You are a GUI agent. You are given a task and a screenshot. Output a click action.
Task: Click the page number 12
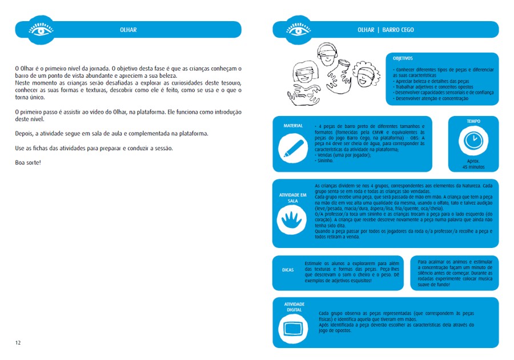(x=18, y=342)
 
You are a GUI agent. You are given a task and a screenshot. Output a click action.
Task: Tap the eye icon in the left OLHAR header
(x=41, y=30)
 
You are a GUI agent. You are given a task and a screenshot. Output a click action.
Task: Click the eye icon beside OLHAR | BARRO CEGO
(x=299, y=30)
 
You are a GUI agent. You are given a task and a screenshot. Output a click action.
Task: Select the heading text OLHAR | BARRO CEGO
(x=385, y=30)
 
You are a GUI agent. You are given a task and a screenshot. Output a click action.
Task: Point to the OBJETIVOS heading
(x=403, y=58)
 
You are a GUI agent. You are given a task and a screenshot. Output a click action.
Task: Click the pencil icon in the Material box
(x=292, y=147)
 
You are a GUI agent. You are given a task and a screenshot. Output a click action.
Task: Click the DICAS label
(x=288, y=269)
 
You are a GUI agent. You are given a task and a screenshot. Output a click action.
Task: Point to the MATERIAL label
(x=293, y=125)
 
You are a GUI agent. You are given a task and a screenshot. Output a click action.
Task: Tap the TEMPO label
(x=473, y=121)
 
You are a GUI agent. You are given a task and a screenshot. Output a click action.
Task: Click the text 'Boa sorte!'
(x=28, y=162)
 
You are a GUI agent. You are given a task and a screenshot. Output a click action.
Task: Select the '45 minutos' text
(x=473, y=167)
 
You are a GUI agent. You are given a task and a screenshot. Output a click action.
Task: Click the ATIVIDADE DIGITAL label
(x=294, y=307)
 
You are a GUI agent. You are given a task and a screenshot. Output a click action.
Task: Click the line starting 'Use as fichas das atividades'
(x=93, y=148)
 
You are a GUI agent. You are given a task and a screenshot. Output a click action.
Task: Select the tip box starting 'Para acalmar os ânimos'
(x=453, y=273)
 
